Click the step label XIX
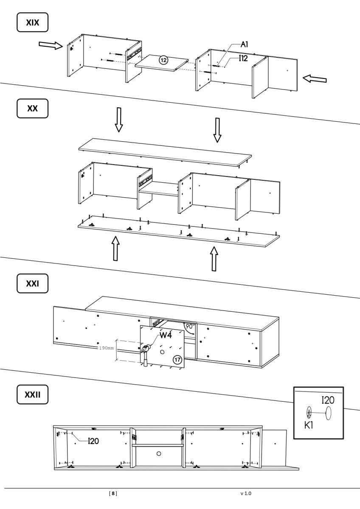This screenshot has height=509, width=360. point(32,22)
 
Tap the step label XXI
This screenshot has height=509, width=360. point(32,283)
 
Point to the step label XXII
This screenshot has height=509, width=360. point(32,395)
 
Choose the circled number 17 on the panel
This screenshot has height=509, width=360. point(177,360)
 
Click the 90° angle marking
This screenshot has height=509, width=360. point(190,327)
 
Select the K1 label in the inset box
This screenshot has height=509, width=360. point(309,425)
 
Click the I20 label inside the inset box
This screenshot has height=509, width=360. point(329,400)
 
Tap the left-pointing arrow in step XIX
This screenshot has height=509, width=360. point(315,78)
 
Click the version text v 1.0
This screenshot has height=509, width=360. point(246,494)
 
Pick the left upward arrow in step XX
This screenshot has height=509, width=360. point(115,248)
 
